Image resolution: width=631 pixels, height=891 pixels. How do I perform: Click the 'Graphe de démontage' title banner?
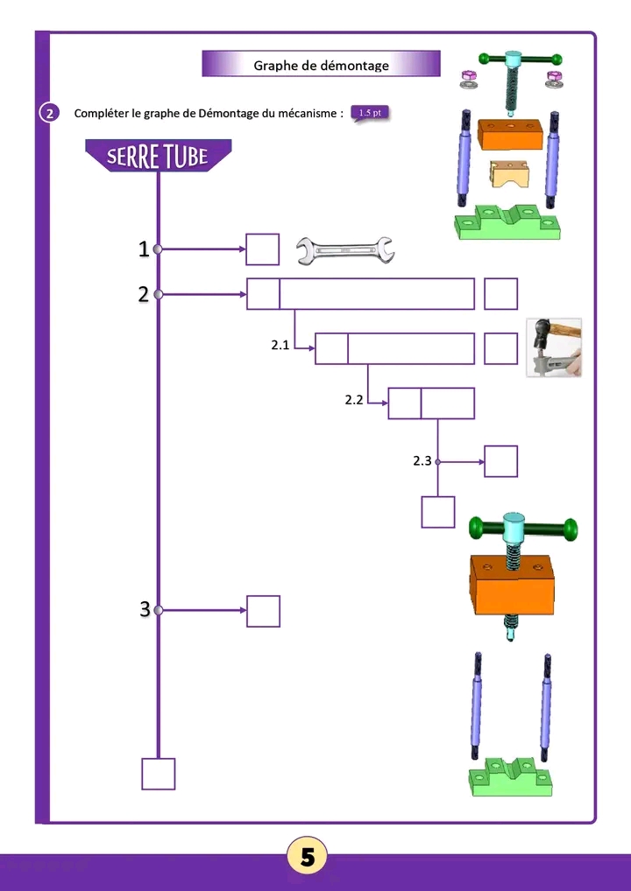tap(321, 64)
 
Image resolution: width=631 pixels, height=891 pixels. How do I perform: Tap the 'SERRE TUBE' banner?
tap(158, 156)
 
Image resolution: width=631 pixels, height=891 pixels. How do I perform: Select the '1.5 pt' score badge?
tap(369, 113)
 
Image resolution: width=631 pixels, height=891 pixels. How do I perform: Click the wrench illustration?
tap(344, 250)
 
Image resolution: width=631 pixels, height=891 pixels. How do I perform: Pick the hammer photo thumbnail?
tap(553, 347)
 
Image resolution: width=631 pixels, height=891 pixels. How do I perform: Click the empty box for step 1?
tap(263, 249)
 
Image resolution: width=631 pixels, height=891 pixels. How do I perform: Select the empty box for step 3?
tap(263, 611)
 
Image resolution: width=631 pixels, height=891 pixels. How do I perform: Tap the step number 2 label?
tap(143, 294)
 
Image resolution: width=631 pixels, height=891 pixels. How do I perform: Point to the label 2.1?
tap(280, 346)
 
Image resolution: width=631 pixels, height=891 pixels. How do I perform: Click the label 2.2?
tap(354, 400)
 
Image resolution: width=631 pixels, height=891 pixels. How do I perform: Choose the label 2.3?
tap(422, 460)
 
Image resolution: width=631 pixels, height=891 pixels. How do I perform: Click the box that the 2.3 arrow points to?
tap(500, 461)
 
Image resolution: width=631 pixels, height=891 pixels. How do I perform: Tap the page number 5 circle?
tap(308, 858)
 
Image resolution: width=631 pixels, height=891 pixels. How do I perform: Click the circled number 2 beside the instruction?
tap(49, 114)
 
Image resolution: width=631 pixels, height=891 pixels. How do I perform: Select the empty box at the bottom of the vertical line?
tap(159, 774)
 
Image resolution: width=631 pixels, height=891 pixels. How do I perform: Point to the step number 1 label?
tap(143, 249)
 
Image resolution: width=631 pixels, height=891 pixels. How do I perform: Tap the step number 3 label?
tap(145, 610)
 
